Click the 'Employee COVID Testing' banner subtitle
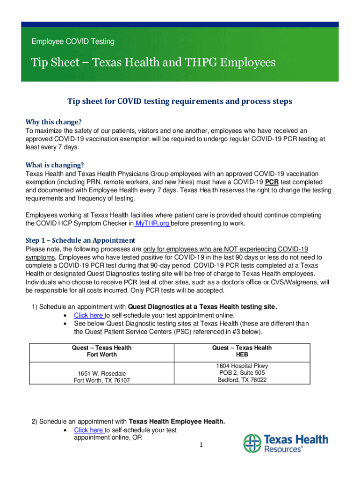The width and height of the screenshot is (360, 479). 72,42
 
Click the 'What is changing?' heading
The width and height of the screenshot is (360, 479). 55,165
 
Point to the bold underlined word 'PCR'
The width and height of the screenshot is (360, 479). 272,182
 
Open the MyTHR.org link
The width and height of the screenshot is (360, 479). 151,223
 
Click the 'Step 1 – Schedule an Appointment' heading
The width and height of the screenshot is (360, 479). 80,240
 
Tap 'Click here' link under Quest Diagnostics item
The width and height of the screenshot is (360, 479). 89,315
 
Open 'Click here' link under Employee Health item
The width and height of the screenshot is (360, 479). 89,430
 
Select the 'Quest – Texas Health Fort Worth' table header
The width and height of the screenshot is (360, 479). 101,351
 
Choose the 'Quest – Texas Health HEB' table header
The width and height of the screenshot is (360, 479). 242,351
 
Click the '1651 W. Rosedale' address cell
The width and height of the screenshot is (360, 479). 101,377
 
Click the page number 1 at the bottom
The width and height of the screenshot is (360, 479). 200,445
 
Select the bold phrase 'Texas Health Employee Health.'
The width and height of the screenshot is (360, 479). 177,421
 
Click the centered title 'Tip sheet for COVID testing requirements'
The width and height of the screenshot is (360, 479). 180,102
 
